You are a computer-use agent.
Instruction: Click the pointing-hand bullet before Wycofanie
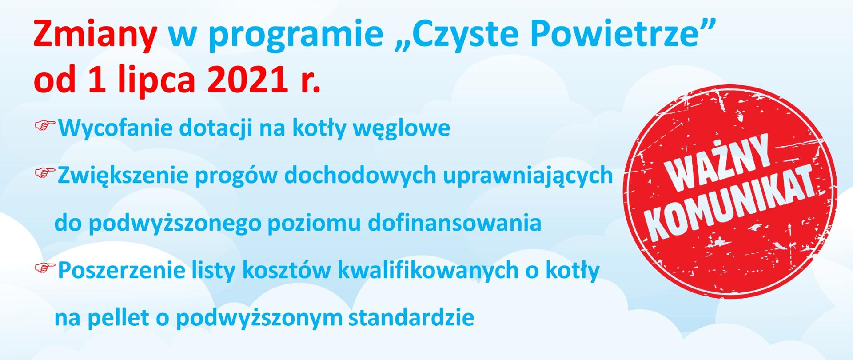[45, 126]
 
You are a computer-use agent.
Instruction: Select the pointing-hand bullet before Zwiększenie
[45, 174]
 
